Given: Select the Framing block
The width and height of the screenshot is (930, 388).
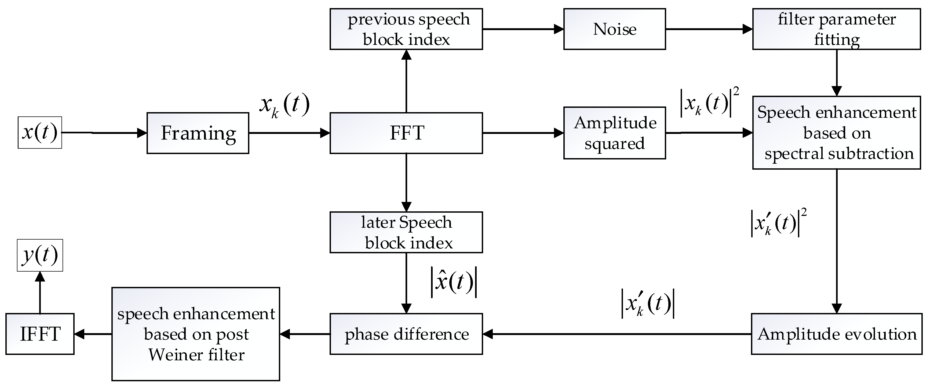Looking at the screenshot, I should coord(198,133).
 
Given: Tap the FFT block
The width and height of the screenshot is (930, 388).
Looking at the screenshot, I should coord(406,133).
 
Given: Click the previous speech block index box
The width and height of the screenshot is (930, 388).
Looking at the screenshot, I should coord(406,29).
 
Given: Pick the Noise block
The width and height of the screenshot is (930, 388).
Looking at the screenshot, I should coord(614,29).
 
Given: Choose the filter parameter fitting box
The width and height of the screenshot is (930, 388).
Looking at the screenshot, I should coord(836,29).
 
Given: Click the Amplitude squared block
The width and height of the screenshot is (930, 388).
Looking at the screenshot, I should coord(614,133).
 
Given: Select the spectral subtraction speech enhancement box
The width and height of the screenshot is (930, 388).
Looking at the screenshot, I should coord(836,133).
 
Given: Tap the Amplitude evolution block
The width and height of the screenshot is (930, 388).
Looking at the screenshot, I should coord(836,334).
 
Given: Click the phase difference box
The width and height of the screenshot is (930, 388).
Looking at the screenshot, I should coord(406,334).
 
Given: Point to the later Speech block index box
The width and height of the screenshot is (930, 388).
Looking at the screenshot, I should coord(406,232).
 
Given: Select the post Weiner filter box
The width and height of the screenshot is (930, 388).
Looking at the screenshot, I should coord(196,334).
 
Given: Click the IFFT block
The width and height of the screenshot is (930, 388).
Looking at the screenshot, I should coord(40,334).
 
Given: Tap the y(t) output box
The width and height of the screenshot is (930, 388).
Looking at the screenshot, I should coord(40,255).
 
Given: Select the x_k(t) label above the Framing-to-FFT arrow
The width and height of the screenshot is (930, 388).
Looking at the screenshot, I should coord(285,106).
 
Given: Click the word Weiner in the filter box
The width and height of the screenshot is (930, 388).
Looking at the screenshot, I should coord(171,355).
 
